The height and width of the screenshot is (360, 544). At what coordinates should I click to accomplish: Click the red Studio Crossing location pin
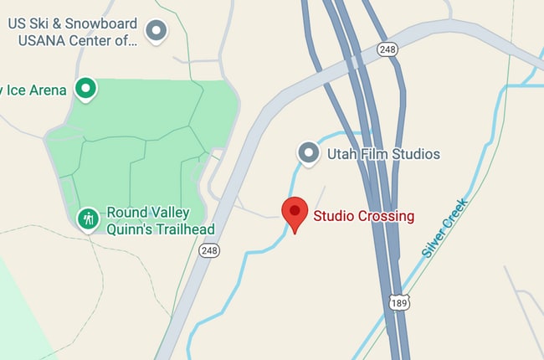[x=295, y=213]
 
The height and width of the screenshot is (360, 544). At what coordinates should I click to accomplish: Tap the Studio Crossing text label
[x=363, y=216]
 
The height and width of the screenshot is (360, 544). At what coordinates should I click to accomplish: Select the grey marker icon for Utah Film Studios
[x=310, y=153]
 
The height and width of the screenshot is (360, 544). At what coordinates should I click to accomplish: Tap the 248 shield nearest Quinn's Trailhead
[x=209, y=249]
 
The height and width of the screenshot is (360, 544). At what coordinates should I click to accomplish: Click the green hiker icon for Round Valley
[x=88, y=219]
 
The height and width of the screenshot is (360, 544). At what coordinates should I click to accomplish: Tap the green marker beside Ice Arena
[x=85, y=87]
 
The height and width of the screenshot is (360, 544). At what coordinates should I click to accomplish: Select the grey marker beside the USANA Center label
[x=156, y=32]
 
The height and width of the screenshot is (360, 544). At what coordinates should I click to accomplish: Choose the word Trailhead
[x=184, y=229]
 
